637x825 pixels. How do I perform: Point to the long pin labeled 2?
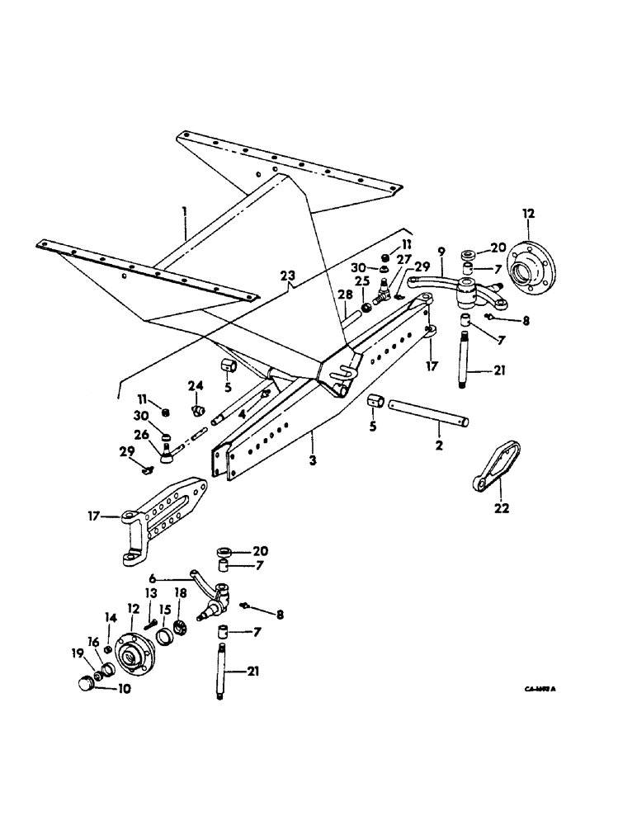click(429, 412)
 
